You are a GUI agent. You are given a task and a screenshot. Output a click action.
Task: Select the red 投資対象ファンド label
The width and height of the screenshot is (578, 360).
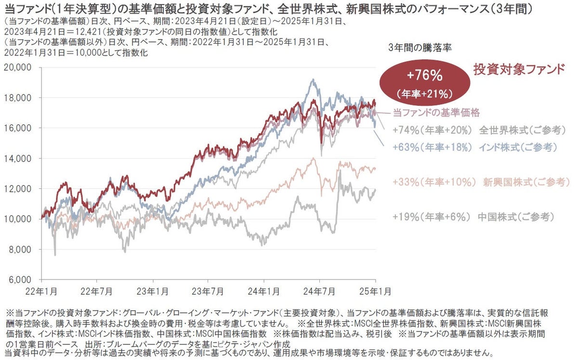tap(519, 69)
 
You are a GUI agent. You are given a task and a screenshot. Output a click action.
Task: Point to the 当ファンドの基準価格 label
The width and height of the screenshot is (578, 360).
tap(436, 113)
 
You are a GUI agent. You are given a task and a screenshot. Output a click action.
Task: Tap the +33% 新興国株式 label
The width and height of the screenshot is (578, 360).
tap(481, 182)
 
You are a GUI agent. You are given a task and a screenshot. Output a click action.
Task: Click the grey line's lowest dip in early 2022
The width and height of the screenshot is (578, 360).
tap(55, 254)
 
